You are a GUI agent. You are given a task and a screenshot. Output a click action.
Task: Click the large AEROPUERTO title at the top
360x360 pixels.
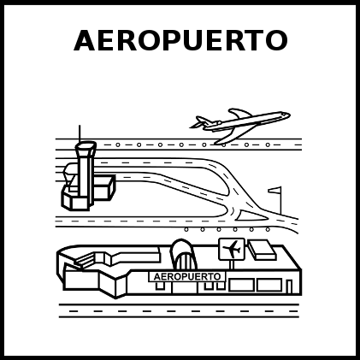pyautogui.click(x=180, y=40)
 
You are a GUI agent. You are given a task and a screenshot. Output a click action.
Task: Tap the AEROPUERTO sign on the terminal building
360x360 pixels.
pyautogui.click(x=187, y=276)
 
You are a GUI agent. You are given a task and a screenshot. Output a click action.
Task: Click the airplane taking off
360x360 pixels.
pyautogui.click(x=240, y=125)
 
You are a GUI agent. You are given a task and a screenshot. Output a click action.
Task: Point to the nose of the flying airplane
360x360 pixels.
pyautogui.click(x=288, y=115)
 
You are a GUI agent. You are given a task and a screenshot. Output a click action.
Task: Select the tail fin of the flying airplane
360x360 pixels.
pyautogui.click(x=201, y=121)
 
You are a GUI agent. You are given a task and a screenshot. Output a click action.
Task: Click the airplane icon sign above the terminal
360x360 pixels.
pyautogui.click(x=232, y=249)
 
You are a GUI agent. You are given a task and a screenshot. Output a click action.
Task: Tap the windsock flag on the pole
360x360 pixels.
pyautogui.click(x=274, y=190)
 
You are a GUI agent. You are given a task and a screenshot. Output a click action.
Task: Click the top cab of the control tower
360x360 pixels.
pyautogui.click(x=86, y=146)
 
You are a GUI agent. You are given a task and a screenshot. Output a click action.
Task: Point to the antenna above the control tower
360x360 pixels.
pyautogui.click(x=80, y=133)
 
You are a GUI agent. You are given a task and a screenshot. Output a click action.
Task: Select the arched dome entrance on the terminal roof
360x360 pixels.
pyautogui.click(x=184, y=254)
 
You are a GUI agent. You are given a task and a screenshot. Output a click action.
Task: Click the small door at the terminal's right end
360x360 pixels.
pyautogui.click(x=289, y=286)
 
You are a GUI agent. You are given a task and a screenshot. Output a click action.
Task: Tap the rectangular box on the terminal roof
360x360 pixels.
pyautogui.click(x=262, y=250)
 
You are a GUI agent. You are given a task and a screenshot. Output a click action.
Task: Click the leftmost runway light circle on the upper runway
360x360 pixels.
pyautogui.click(x=118, y=145)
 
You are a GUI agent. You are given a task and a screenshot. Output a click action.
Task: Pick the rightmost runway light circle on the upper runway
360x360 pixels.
pyautogui.click(x=268, y=145)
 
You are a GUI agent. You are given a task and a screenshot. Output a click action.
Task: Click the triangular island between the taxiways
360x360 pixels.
pyautogui.click(x=251, y=215)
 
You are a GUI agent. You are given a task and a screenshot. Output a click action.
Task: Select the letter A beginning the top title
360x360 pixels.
pyautogui.click(x=84, y=40)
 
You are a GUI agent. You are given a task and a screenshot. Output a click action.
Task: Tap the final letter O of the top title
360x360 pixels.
pyautogui.click(x=277, y=40)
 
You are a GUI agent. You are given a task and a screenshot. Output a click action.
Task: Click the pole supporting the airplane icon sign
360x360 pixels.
pyautogui.click(x=232, y=265)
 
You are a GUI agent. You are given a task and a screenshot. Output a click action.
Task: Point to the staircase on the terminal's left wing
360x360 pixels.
pyautogui.click(x=83, y=261)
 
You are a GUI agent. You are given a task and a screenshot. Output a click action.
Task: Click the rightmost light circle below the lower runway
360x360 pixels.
pyautogui.click(x=268, y=229)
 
